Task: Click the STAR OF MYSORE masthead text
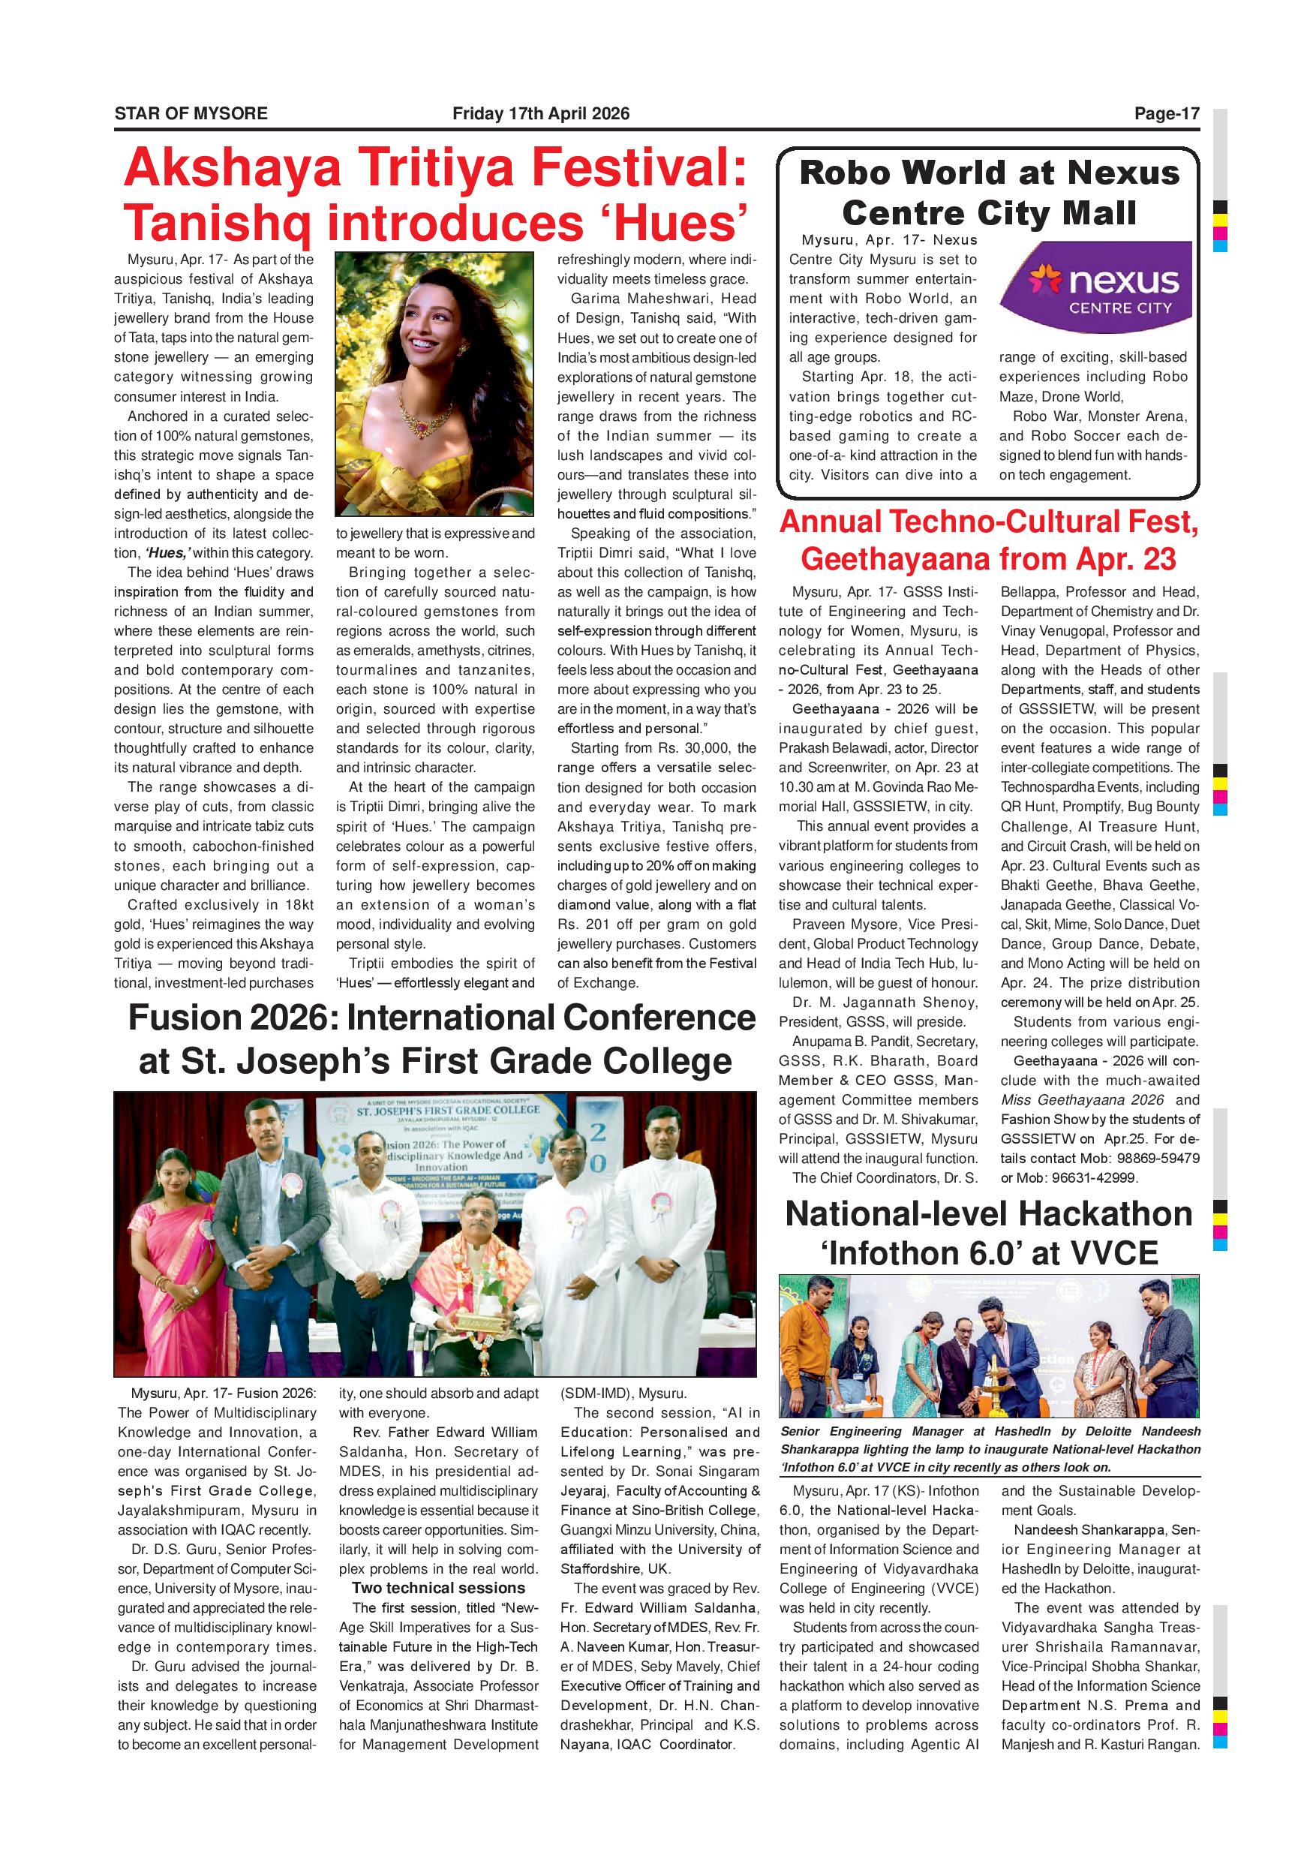(191, 113)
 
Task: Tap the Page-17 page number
(1166, 113)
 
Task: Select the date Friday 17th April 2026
(540, 113)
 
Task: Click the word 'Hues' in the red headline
(681, 223)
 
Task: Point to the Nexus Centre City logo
(1095, 287)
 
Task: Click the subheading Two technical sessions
(438, 1588)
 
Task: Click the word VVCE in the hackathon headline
(1114, 1253)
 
